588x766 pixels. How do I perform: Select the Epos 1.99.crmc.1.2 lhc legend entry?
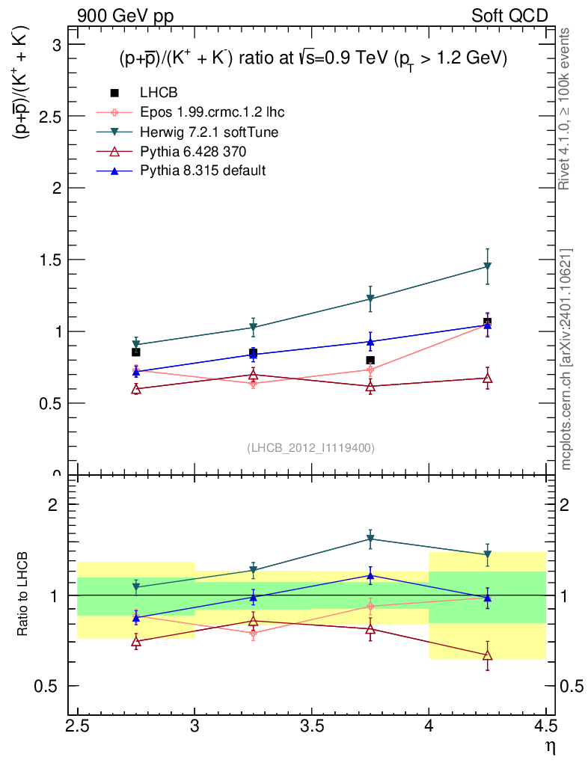(x=212, y=112)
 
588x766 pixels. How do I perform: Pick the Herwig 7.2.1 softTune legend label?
(x=209, y=132)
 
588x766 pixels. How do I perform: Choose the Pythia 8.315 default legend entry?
(x=202, y=171)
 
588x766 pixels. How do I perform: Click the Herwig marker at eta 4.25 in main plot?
(x=488, y=266)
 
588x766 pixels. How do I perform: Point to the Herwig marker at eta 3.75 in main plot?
(x=370, y=299)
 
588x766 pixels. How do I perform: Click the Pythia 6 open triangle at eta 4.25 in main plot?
(x=488, y=378)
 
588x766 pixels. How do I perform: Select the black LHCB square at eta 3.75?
(x=370, y=360)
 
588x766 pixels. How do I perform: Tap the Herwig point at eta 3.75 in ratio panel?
(x=370, y=539)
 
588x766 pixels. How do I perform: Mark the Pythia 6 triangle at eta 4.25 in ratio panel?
(x=488, y=655)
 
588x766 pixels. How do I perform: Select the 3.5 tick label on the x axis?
(x=312, y=726)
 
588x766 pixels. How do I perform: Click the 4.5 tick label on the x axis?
(x=546, y=726)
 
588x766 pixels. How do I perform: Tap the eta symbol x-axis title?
(x=548, y=746)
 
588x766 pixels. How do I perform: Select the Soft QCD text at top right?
(x=509, y=15)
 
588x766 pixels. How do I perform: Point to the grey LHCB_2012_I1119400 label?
(x=310, y=448)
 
